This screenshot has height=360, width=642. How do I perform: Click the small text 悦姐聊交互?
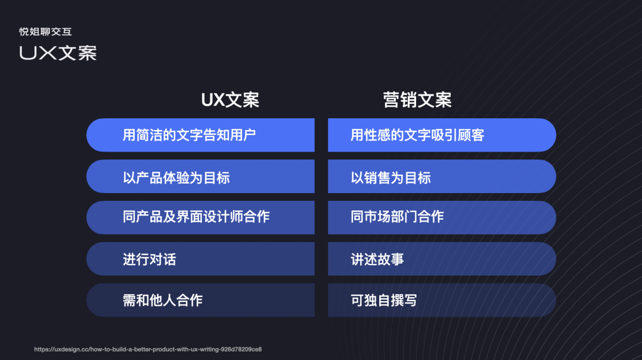[x=45, y=32]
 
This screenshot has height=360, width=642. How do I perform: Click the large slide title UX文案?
[x=58, y=53]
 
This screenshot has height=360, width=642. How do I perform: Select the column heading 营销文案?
[x=417, y=100]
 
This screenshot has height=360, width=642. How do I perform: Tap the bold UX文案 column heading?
[x=230, y=100]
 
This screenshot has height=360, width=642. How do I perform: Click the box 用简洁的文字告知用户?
[x=200, y=135]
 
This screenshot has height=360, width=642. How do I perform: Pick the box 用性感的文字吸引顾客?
[x=442, y=135]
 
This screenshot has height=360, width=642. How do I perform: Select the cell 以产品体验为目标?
[x=200, y=177]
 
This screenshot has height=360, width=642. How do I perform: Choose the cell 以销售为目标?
[x=442, y=177]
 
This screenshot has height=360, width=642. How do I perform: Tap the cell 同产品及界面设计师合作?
[x=200, y=217]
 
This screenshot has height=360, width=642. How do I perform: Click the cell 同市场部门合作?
[x=442, y=217]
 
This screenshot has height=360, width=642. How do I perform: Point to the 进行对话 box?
[x=200, y=259]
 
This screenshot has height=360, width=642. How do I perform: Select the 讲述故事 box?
[x=442, y=259]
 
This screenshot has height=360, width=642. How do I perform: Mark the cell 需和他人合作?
[x=200, y=300]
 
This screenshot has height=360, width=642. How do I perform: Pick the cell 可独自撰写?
[x=442, y=300]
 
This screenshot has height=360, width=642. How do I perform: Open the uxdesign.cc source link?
[x=148, y=349]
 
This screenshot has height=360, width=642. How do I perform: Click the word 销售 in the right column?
[x=377, y=177]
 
